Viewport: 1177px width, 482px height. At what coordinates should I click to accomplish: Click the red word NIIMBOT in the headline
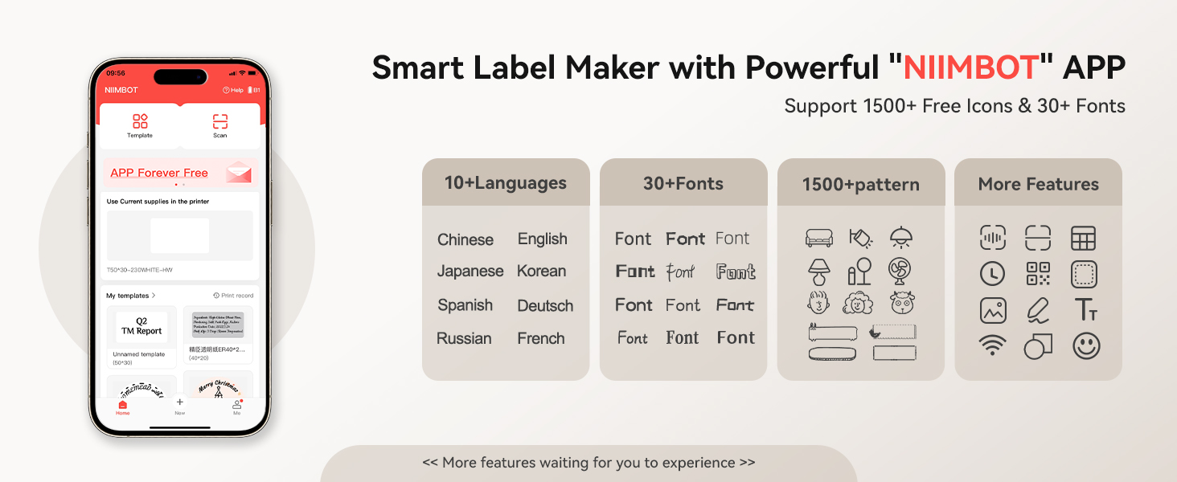971,68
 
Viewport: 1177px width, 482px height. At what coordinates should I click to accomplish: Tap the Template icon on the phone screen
140,121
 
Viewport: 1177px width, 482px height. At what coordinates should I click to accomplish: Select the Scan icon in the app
219,121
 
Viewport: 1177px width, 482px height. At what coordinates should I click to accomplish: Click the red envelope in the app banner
239,172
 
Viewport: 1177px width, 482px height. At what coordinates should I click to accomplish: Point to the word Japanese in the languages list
470,272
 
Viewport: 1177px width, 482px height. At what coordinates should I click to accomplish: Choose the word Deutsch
545,306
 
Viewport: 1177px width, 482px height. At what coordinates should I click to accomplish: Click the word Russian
464,339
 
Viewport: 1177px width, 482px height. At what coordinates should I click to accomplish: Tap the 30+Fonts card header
683,184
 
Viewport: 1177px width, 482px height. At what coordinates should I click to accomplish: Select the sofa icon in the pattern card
818,239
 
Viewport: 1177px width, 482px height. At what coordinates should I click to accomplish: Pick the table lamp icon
818,272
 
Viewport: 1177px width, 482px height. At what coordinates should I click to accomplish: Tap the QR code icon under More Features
1038,274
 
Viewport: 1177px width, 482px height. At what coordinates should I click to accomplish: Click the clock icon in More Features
992,274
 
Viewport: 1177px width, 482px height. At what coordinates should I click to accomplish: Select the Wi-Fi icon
992,346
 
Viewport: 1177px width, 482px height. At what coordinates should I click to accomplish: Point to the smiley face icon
1085,346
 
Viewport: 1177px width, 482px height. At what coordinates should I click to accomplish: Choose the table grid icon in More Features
1084,239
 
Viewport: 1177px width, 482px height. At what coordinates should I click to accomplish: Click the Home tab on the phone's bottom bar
122,406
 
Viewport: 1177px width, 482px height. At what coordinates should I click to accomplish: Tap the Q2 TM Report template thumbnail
141,326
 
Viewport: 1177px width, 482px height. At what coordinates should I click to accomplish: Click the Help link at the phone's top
233,90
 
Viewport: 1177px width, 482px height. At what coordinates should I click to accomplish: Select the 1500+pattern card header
860,184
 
